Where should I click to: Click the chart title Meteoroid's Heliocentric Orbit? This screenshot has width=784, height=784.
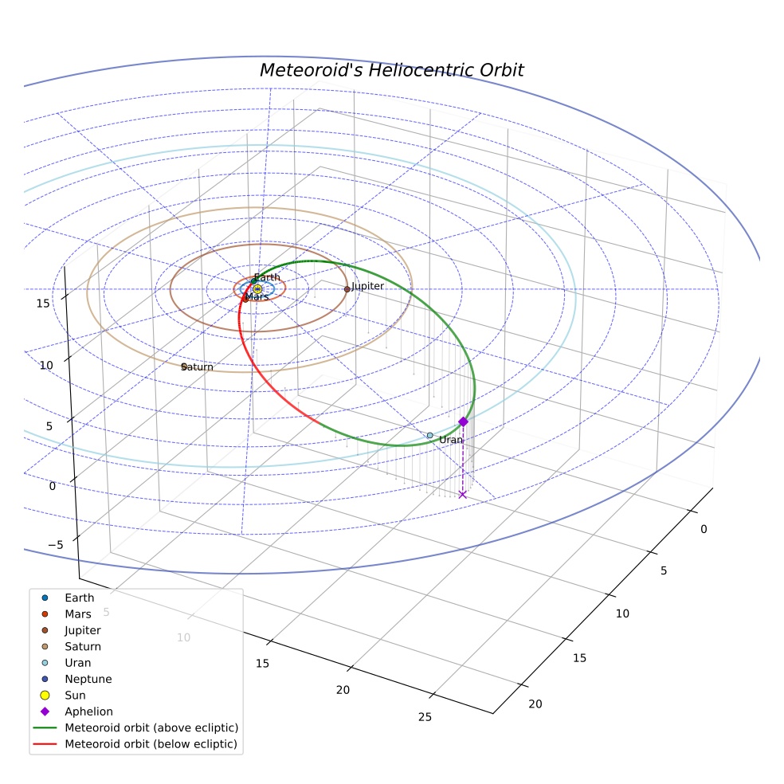pyautogui.click(x=391, y=70)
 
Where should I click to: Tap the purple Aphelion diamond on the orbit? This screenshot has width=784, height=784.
pyautogui.click(x=464, y=421)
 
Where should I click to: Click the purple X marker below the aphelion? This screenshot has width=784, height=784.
pyautogui.click(x=462, y=495)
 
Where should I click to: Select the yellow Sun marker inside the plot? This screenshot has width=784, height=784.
pyautogui.click(x=257, y=289)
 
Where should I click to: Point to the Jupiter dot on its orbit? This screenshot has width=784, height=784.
pyautogui.click(x=347, y=289)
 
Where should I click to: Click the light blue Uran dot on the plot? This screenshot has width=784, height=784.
pyautogui.click(x=430, y=436)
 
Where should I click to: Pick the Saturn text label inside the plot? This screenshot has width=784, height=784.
pyautogui.click(x=197, y=367)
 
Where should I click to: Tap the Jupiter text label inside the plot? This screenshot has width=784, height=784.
pyautogui.click(x=367, y=286)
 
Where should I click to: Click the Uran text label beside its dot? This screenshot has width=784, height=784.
pyautogui.click(x=451, y=440)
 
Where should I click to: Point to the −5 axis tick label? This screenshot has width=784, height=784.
pyautogui.click(x=56, y=545)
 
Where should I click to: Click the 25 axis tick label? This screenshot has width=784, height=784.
pyautogui.click(x=425, y=717)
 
